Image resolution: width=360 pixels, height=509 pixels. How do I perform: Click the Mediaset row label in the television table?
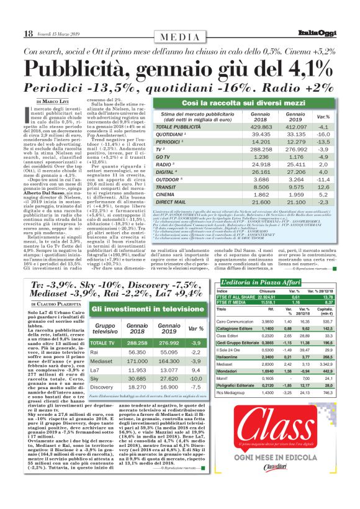pos(101,360)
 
